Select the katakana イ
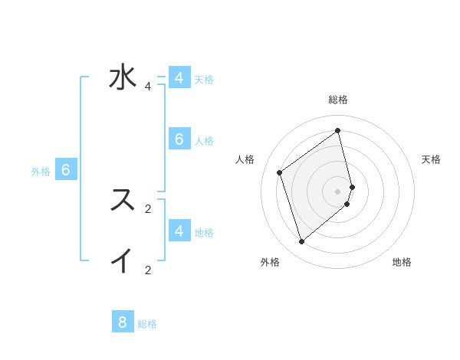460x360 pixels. tap(123, 260)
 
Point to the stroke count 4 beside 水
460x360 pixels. tap(148, 87)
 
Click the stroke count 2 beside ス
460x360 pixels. tap(148, 208)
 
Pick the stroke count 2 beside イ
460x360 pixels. tap(148, 270)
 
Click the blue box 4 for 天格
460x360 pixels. tap(179, 78)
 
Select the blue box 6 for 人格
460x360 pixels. tap(179, 139)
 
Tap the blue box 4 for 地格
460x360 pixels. tap(179, 231)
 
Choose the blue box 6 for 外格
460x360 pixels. tap(66, 170)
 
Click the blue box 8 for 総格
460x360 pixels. tap(123, 322)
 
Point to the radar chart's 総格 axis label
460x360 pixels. tap(337, 100)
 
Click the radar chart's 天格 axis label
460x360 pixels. tap(431, 159)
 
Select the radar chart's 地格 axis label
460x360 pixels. tap(402, 262)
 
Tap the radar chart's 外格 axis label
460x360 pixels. tap(270, 262)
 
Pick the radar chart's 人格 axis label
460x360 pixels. tap(245, 159)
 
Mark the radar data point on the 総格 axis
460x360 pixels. tap(337, 130)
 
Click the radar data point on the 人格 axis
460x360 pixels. tap(280, 172)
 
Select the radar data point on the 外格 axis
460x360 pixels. tap(301, 242)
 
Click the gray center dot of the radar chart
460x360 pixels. tap(337, 191)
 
